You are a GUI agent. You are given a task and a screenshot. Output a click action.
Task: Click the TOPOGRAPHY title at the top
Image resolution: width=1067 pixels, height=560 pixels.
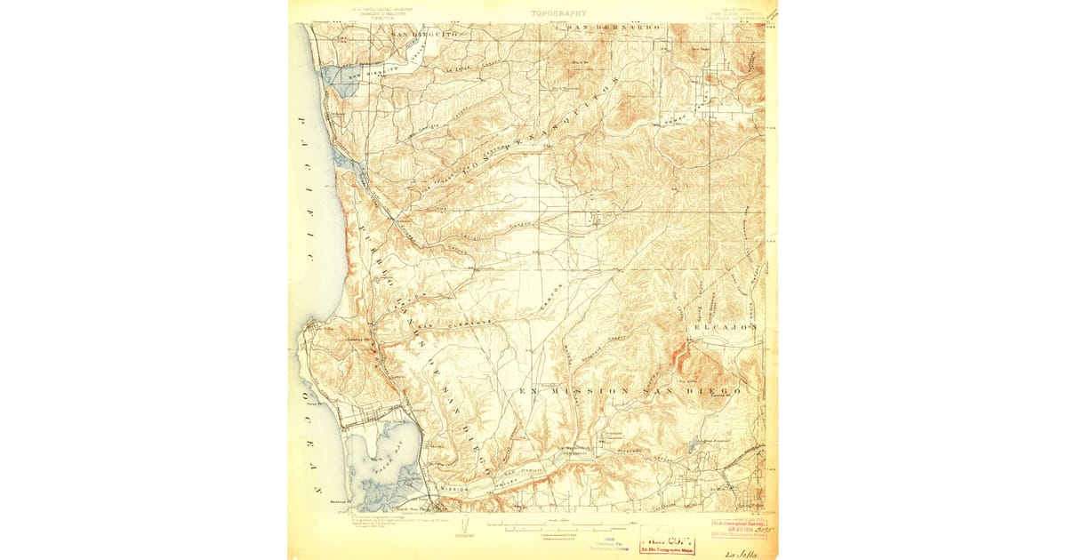558,13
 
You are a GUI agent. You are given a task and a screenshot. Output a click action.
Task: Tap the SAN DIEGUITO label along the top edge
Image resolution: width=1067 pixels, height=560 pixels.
423,33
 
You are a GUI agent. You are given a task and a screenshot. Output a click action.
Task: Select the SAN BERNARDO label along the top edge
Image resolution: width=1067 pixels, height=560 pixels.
614,28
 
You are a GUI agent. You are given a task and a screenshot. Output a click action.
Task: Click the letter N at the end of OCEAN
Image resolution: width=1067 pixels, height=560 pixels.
315,490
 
